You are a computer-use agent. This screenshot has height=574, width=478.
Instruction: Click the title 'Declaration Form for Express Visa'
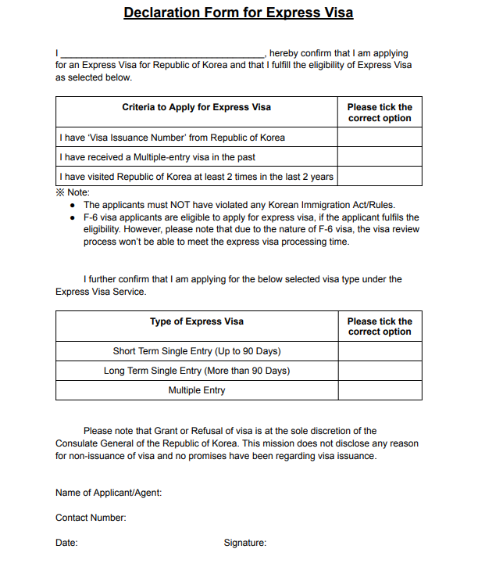pos(238,13)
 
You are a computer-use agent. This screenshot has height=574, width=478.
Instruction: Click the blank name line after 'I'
pos(162,53)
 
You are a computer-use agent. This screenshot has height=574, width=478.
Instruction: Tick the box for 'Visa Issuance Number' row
pos(380,138)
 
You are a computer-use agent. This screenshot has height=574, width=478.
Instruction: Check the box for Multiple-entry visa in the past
pos(380,157)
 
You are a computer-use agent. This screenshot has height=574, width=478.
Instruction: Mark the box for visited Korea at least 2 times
pos(380,177)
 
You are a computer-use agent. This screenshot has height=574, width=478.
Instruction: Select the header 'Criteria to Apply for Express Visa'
pos(196,107)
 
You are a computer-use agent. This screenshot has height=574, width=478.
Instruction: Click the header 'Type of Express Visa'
pos(196,321)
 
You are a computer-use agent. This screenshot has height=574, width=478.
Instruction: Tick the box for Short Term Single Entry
pos(380,351)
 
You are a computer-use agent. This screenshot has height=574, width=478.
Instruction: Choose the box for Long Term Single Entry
pos(380,371)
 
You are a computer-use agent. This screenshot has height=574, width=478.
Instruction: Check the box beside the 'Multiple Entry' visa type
pos(380,390)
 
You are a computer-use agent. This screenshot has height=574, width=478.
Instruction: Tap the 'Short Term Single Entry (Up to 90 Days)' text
pos(196,351)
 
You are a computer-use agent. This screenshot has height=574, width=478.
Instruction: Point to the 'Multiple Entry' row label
pos(196,390)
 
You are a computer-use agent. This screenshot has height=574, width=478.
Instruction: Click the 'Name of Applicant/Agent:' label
pos(109,493)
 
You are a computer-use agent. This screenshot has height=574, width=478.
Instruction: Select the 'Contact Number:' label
pos(91,518)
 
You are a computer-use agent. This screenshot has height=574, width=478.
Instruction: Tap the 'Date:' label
pos(66,543)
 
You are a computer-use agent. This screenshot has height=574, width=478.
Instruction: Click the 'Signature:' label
pos(245,543)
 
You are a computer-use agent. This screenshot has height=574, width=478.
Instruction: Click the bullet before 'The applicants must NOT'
pos(73,204)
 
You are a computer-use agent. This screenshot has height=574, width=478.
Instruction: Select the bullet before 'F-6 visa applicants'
pos(73,217)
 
